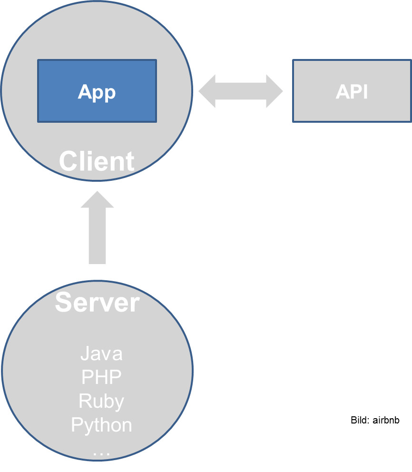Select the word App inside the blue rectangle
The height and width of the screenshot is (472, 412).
pos(97,91)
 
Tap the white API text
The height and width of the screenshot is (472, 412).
pos(352,92)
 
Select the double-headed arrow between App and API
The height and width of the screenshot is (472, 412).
pos(240,90)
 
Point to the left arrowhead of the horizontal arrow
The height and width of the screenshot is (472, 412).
pos(206,90)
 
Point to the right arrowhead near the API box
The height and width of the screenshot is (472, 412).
pos(275,90)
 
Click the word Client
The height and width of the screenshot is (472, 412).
pos(97,161)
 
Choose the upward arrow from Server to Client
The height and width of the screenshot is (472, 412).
pos(97,228)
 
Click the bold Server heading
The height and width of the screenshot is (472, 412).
pos(97,302)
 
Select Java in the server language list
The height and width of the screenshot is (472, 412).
pos(101,354)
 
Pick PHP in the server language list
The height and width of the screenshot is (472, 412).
pos(101,377)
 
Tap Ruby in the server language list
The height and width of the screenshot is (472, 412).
pos(101,401)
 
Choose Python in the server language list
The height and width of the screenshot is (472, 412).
pos(101,425)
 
